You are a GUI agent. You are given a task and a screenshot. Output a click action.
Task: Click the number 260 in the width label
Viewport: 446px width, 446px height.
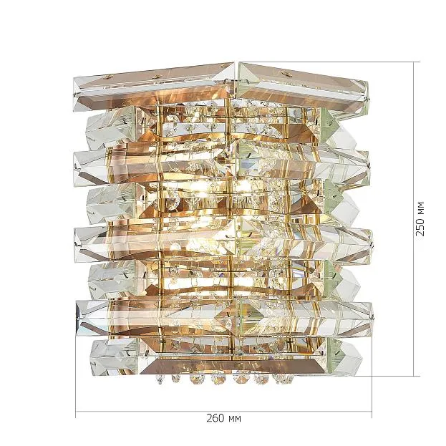coord(215,418)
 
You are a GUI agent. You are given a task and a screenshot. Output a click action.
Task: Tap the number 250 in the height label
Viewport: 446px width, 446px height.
coord(420,227)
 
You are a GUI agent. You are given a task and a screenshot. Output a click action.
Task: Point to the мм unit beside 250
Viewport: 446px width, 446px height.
coord(420,208)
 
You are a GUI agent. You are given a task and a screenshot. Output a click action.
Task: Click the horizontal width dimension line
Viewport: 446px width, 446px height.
coord(223,412)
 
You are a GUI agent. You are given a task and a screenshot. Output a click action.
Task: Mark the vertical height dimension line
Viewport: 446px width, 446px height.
coord(414,219)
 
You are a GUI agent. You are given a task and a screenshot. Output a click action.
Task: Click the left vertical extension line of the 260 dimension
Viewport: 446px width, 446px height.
coord(76,376)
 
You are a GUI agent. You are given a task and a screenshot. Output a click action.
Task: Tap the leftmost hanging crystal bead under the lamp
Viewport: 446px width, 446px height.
coord(160,379)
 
